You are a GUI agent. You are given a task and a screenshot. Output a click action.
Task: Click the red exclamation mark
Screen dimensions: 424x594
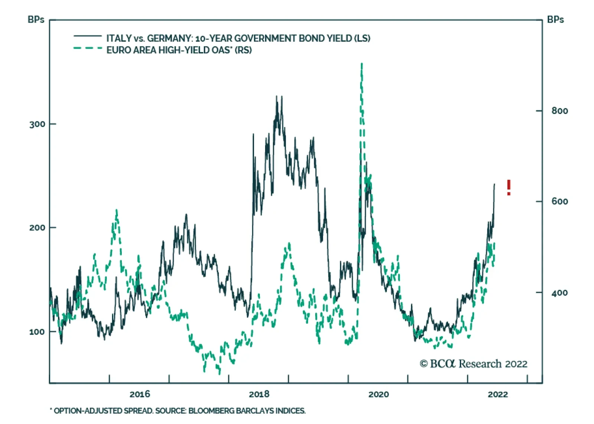(x=509, y=187)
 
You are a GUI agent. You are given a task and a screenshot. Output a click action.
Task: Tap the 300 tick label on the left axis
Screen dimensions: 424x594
(x=37, y=124)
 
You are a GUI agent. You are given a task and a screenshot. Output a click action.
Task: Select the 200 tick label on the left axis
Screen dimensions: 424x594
(x=37, y=228)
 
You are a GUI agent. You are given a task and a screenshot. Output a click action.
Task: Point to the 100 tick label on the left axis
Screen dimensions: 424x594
(x=37, y=332)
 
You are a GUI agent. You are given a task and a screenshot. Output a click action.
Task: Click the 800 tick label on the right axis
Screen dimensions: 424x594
(x=559, y=111)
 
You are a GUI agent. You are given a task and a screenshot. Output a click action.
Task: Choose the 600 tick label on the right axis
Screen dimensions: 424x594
(x=559, y=201)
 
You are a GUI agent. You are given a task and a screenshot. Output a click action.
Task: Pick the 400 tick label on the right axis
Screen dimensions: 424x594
(x=559, y=293)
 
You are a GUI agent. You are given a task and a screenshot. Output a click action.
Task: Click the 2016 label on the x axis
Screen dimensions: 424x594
(x=140, y=394)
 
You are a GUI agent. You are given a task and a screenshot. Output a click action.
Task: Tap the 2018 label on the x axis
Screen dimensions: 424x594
(x=259, y=394)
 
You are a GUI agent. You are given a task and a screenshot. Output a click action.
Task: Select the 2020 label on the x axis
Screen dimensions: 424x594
(x=378, y=394)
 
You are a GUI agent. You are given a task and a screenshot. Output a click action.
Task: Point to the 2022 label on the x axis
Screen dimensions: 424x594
(x=497, y=394)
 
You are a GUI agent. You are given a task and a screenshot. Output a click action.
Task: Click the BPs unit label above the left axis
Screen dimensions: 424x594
(x=36, y=20)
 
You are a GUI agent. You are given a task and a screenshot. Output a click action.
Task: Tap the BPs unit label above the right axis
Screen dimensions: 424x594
(x=555, y=20)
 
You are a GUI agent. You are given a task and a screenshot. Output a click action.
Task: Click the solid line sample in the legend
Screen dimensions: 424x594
(x=88, y=36)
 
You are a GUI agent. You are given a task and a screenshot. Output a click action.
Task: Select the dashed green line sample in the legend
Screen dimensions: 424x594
(x=88, y=48)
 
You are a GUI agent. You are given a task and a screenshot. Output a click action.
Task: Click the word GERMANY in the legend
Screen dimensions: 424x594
(x=169, y=38)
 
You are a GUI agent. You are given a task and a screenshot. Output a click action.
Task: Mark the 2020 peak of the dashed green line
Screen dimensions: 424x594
(x=362, y=65)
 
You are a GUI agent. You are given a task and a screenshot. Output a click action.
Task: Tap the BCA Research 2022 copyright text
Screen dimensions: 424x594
(x=474, y=363)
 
